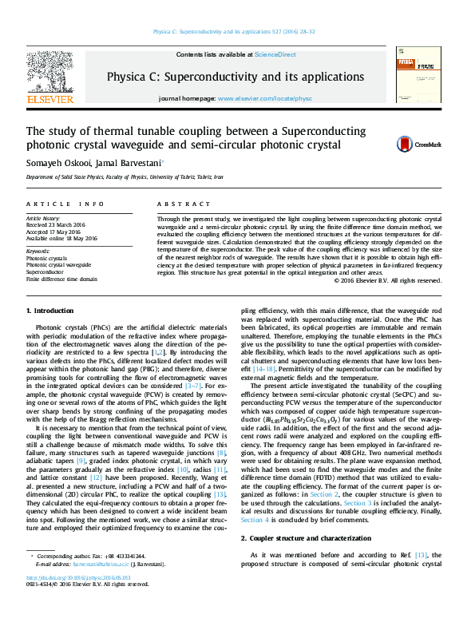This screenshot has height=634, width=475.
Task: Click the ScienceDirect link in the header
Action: (275, 54)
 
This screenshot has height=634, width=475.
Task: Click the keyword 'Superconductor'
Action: (46, 272)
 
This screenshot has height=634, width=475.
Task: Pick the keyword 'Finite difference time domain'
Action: (61, 279)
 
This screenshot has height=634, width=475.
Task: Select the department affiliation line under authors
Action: (125, 176)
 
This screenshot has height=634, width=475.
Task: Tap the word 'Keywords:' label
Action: (39, 253)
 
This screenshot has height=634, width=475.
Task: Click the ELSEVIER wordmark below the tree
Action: (50, 101)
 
